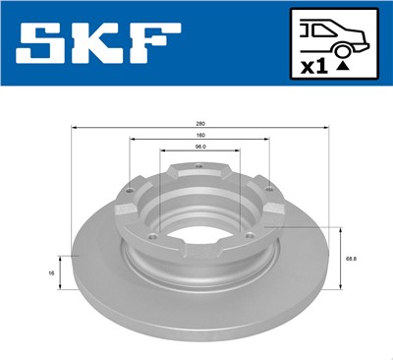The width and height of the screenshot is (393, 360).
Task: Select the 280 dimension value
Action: [x=199, y=124]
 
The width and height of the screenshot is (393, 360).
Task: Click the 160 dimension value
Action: [x=199, y=137]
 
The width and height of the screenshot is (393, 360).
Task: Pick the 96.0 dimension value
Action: [x=199, y=149]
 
